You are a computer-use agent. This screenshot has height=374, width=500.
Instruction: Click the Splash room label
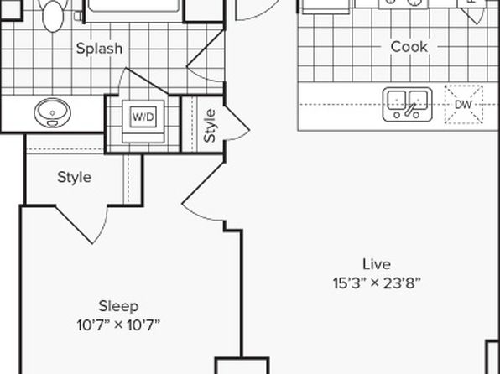pyautogui.click(x=99, y=49)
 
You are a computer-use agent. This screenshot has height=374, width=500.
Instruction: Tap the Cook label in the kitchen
pyautogui.click(x=409, y=47)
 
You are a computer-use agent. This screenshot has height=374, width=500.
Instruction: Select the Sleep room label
pyautogui.click(x=118, y=306)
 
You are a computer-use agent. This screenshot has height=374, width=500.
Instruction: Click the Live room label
pyautogui.click(x=377, y=264)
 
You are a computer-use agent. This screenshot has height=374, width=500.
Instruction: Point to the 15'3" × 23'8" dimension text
pyautogui.click(x=377, y=283)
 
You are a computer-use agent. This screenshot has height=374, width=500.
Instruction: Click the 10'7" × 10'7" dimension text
pyautogui.click(x=118, y=325)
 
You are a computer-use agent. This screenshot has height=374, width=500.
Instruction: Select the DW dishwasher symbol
pyautogui.click(x=463, y=105)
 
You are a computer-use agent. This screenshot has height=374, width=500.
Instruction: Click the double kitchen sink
pyautogui.click(x=407, y=105)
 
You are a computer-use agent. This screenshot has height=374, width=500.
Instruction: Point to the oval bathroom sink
pyautogui.click(x=52, y=112)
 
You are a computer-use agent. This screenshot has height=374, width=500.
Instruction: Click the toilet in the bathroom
pyautogui.click(x=53, y=14)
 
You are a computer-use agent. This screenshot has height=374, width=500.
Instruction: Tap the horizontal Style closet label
pyautogui.click(x=75, y=177)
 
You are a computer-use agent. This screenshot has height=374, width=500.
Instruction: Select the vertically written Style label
pyautogui.click(x=210, y=126)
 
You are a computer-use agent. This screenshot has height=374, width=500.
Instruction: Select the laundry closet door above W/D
pyautogui.click(x=143, y=81)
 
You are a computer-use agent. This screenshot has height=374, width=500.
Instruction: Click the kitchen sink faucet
pyautogui.click(x=409, y=110)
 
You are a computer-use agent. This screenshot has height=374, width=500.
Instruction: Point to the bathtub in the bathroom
pyautogui.click(x=134, y=9)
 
